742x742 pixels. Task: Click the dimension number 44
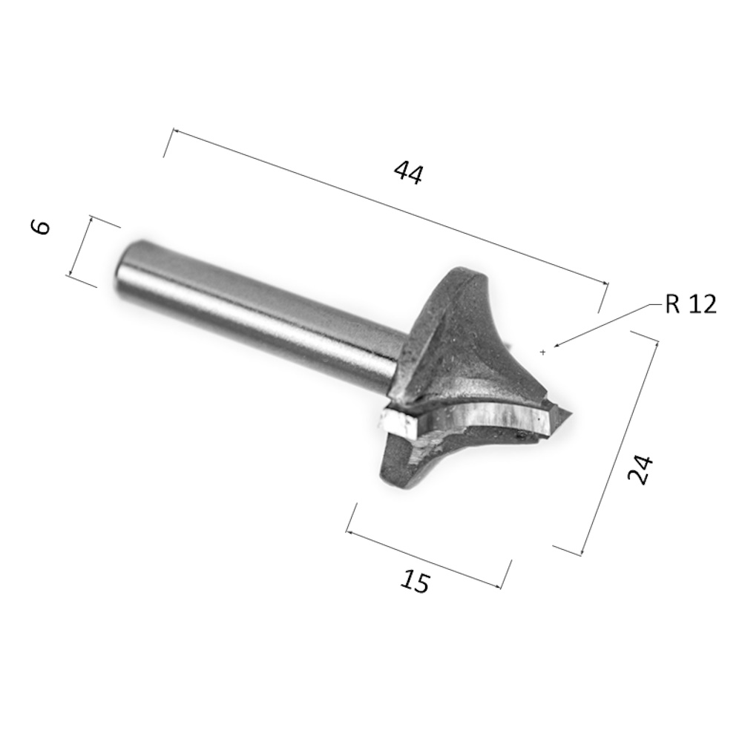coord(408,173)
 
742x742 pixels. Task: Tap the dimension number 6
coord(41,227)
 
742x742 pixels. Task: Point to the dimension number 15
coord(415,582)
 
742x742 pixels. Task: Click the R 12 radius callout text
coord(691,304)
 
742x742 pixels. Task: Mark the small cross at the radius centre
coord(543,352)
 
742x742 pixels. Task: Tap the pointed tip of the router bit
coord(572,416)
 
